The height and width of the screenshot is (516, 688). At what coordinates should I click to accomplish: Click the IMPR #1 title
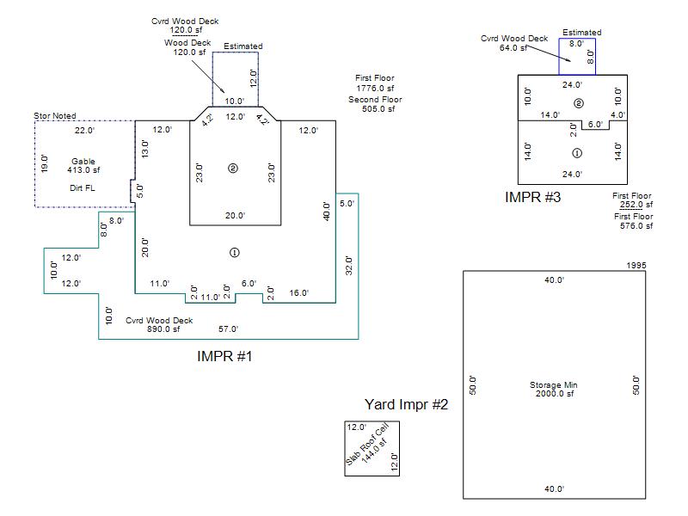pos(224,356)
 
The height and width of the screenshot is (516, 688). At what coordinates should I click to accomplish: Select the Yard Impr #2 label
pos(406,404)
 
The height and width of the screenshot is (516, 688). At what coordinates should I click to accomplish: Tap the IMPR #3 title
pos(532,197)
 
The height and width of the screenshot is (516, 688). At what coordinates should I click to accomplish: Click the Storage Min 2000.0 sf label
pos(554,389)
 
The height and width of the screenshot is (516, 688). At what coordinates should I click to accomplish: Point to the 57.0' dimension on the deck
pos(228,329)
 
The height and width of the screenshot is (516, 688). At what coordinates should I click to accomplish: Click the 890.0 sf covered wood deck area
pos(163,329)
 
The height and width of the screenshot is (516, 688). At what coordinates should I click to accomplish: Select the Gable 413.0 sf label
pos(83,165)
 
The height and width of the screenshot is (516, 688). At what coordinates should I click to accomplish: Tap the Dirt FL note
pos(82,187)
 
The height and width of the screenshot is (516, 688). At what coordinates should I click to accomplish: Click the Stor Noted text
pos(55,116)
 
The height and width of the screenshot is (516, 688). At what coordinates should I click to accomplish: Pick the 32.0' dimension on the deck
pos(349,266)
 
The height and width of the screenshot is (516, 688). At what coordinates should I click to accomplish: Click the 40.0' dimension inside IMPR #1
pos(326,211)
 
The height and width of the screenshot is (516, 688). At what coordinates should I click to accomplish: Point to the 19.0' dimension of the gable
pos(45,163)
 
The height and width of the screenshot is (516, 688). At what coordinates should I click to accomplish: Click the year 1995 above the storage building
pos(636,265)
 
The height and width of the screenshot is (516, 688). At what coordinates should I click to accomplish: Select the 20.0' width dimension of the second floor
pos(235,216)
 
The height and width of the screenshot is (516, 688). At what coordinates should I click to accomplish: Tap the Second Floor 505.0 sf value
pos(378,109)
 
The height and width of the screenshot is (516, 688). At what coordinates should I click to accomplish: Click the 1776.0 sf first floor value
pos(375,89)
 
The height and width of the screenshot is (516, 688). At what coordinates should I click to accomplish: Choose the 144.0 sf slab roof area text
pos(374,451)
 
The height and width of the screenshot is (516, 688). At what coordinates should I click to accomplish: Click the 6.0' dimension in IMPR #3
pos(595,124)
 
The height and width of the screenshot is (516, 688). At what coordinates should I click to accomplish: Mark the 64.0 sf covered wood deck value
pos(513,48)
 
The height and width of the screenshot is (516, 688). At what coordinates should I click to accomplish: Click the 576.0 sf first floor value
pos(636,226)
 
